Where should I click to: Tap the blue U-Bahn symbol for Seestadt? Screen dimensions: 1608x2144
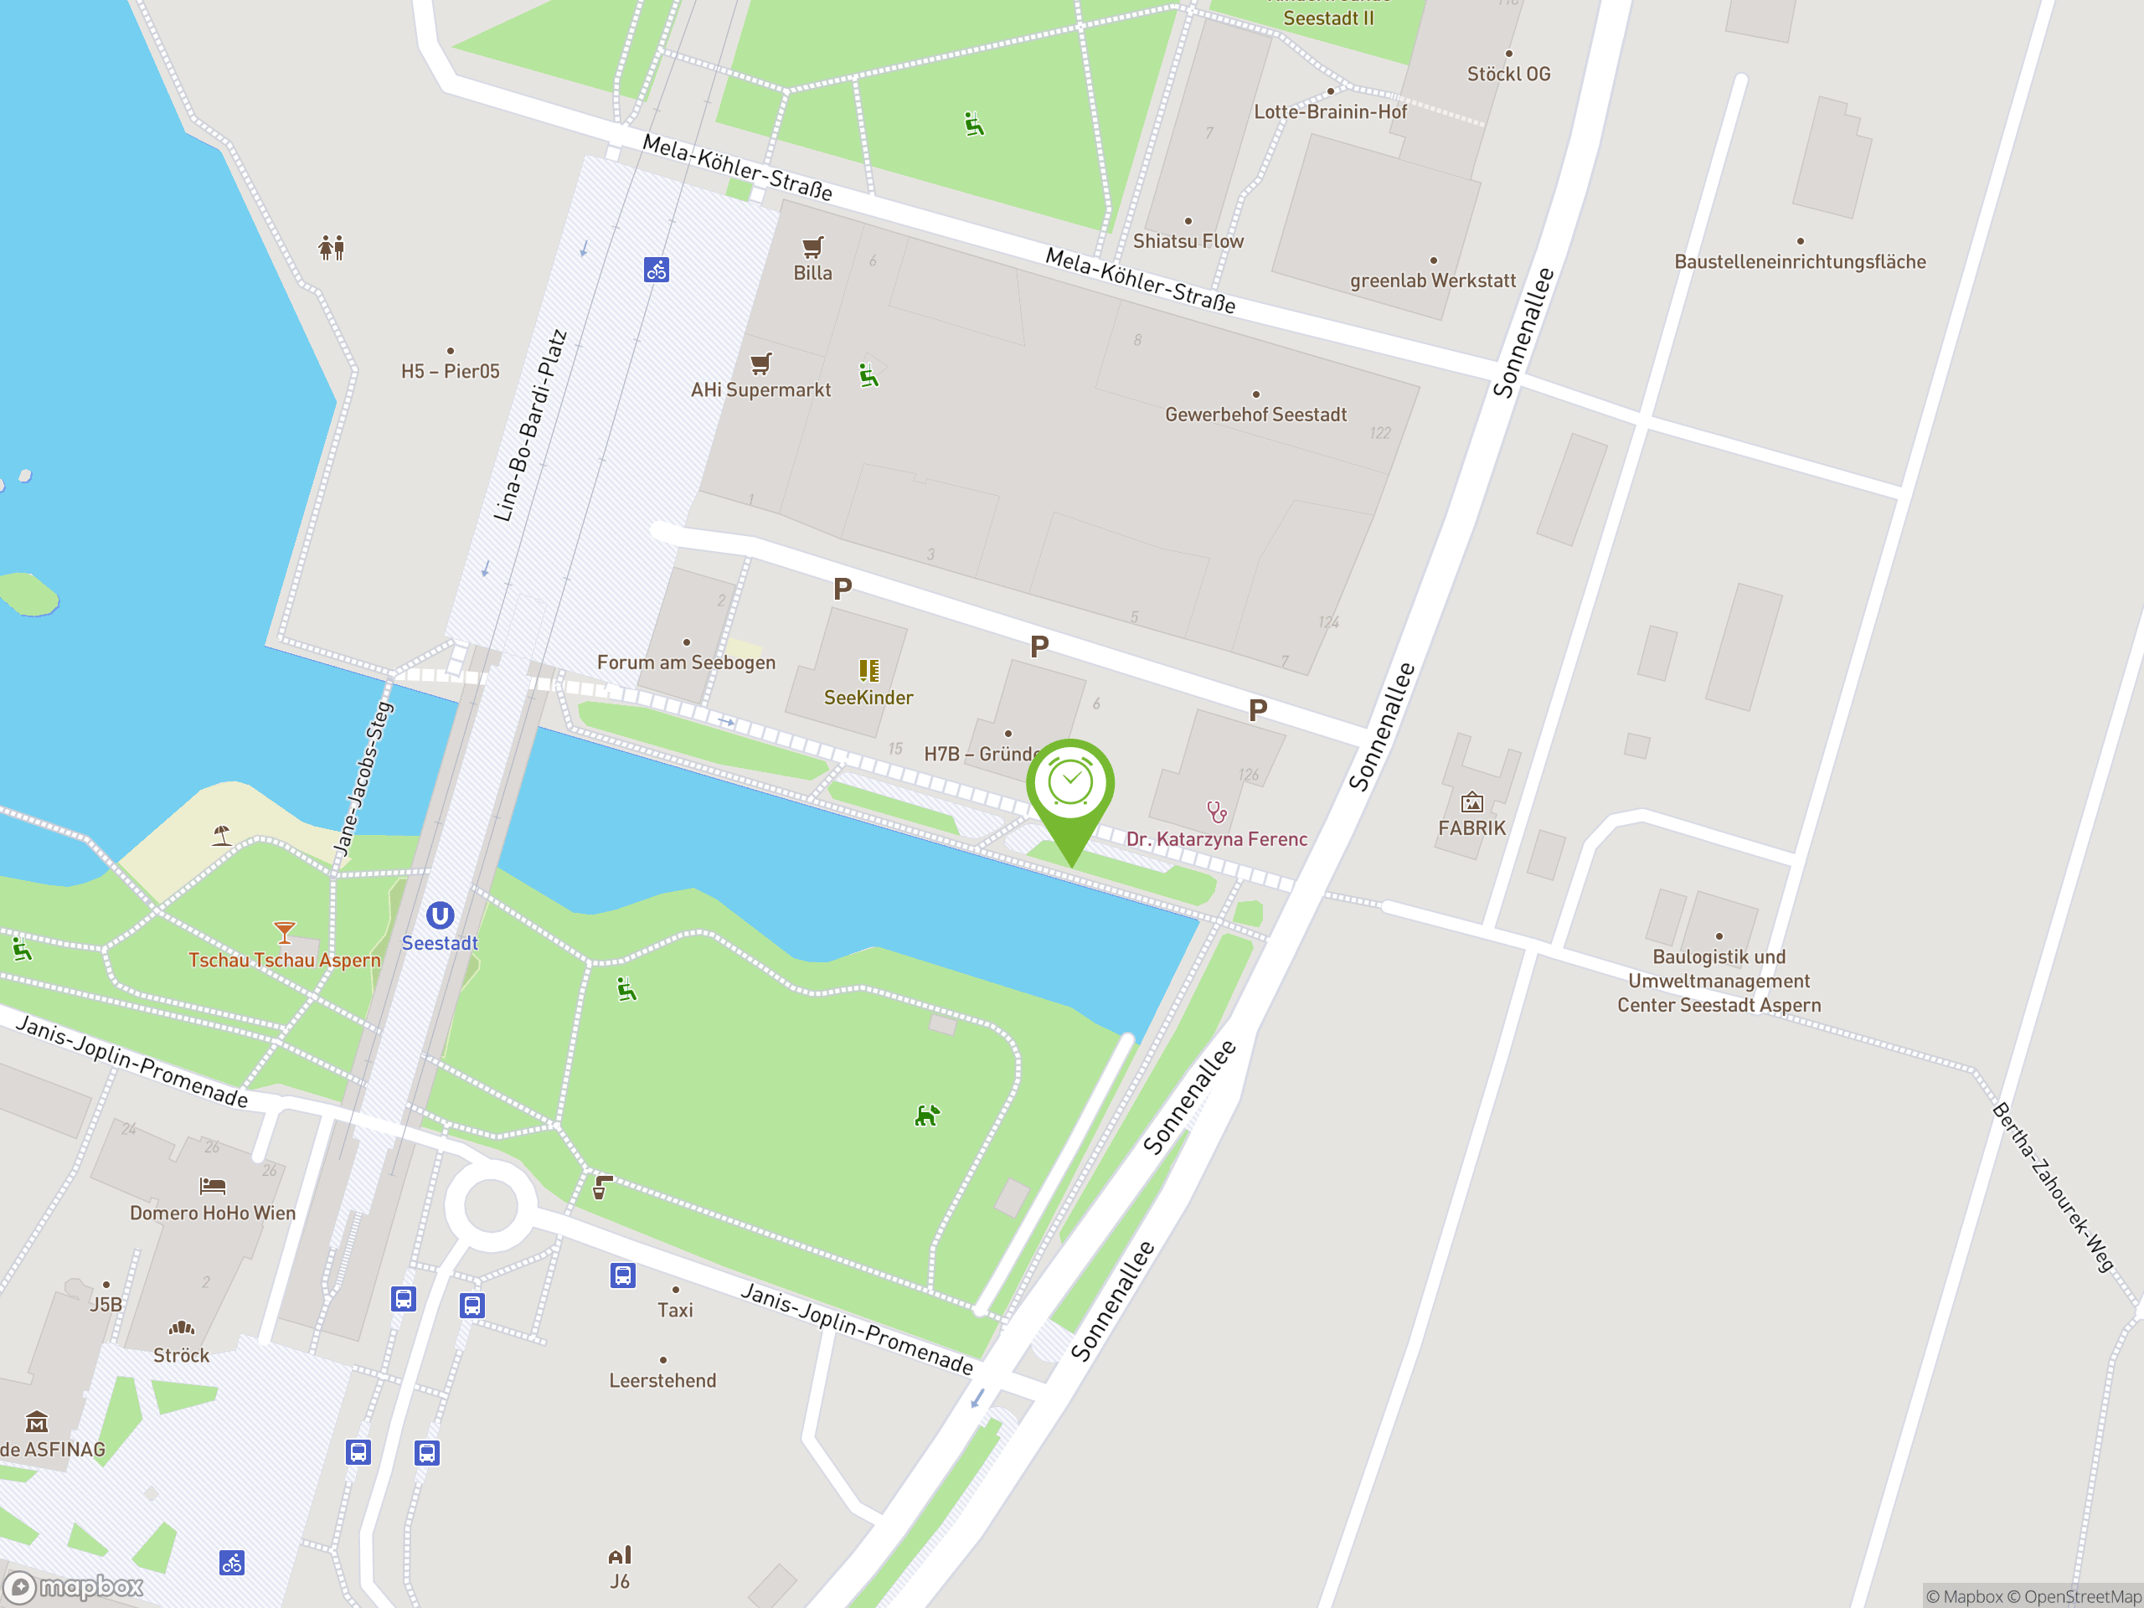440,915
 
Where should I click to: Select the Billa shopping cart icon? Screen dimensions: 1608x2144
813,246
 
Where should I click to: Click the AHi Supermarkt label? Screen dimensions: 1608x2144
760,389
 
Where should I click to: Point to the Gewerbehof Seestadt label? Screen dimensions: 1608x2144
1255,415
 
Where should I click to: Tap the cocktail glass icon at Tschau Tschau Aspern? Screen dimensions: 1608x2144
284,932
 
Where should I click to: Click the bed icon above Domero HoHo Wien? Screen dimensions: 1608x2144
212,1185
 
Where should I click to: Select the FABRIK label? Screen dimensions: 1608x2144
1471,827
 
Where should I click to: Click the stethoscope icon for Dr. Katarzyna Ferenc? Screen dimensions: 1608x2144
1216,812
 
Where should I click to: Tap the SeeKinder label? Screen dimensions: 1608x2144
868,698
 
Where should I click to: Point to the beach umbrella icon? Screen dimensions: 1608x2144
222,834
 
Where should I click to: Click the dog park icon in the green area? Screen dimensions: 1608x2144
926,1116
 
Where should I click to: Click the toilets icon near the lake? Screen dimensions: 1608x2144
332,248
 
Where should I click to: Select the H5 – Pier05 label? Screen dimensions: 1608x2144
451,371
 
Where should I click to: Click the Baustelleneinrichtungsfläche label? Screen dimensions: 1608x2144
1800,261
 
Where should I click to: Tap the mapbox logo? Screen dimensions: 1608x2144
75,1587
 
